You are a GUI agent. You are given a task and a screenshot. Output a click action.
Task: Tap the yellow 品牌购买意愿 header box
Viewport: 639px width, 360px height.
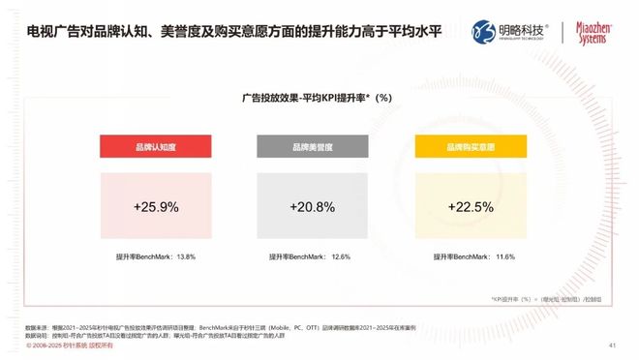(470, 147)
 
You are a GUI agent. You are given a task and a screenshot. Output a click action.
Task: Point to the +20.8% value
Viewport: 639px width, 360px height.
(313, 207)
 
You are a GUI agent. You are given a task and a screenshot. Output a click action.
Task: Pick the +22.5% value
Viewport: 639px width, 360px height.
(470, 207)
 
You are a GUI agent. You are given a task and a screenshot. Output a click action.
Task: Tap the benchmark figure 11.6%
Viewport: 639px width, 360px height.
(502, 257)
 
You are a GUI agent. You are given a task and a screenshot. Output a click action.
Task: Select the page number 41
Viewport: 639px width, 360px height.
(612, 345)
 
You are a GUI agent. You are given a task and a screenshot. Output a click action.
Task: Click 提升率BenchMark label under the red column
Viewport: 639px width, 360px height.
(143, 257)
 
